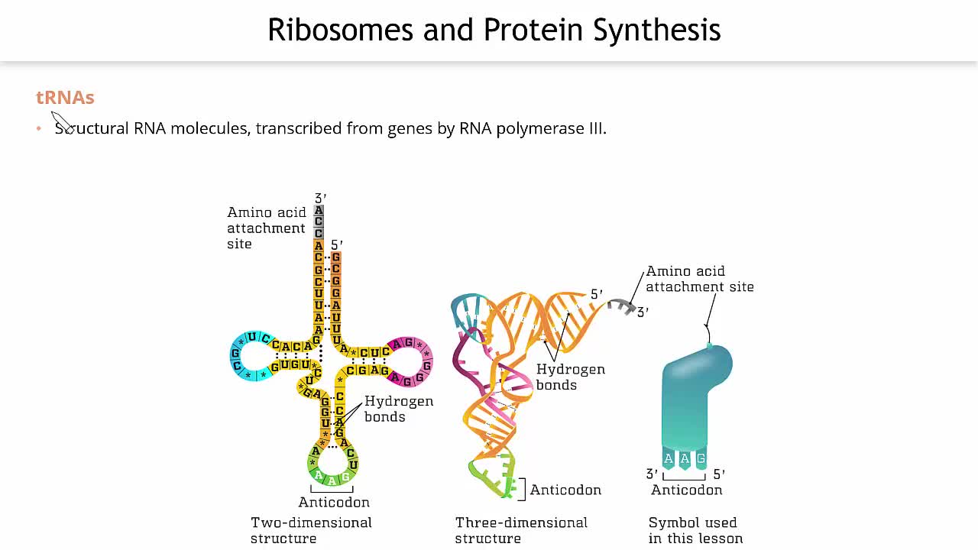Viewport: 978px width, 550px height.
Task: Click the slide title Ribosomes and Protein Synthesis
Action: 494,30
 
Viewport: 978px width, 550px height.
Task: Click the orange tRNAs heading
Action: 65,98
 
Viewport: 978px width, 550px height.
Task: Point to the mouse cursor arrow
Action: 61,121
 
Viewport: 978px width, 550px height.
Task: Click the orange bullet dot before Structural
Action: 39,128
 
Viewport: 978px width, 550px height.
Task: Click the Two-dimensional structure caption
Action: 311,530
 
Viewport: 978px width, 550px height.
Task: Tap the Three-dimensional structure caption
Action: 521,530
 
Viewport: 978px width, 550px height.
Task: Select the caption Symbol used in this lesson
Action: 695,530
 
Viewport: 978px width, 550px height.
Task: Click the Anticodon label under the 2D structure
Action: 334,502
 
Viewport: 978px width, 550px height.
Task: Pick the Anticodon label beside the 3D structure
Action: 565,490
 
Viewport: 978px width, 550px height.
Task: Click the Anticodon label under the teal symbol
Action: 686,490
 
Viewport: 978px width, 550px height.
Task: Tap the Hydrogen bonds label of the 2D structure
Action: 398,409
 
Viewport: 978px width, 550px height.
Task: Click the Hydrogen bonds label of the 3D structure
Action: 570,377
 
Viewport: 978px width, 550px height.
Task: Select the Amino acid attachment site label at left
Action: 266,228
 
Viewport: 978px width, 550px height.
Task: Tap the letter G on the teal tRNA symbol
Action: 701,458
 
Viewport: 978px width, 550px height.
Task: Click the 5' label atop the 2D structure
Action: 337,245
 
